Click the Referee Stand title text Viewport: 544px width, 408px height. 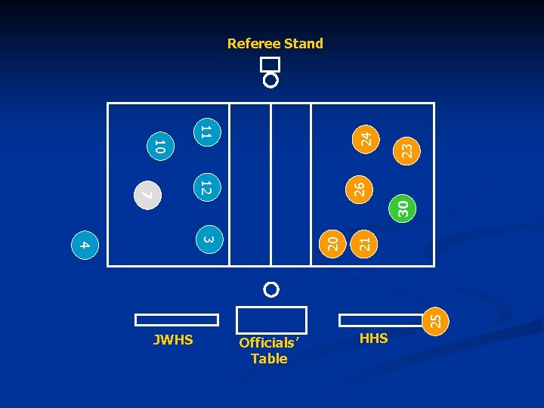[x=275, y=44]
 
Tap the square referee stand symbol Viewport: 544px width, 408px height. [x=270, y=64]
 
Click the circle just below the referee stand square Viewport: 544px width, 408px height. [x=270, y=80]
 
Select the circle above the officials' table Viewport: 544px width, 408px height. [x=271, y=289]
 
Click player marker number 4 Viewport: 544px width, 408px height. [x=85, y=245]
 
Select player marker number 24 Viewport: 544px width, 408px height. [x=366, y=139]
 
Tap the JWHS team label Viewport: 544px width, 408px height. [x=173, y=340]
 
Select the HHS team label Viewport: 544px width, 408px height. [x=374, y=338]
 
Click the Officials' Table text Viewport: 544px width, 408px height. [x=269, y=351]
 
